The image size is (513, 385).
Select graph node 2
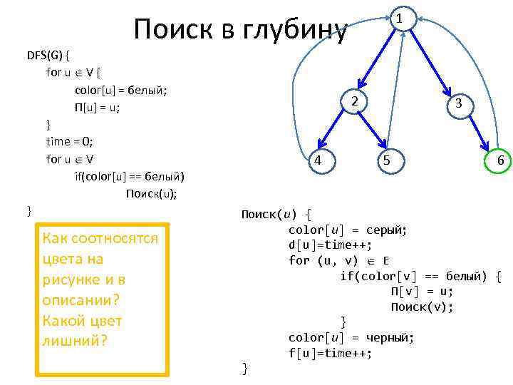tap(354, 102)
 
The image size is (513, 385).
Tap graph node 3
tap(460, 103)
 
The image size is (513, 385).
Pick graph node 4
tap(318, 160)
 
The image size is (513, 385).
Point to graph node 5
tap(386, 160)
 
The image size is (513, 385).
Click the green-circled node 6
tap(499, 160)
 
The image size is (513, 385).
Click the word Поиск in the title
tap(167, 30)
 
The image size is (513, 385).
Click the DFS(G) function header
tap(48, 55)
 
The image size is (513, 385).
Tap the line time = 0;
tap(74, 142)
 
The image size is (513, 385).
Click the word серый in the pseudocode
tap(385, 229)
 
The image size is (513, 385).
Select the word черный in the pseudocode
tap(391, 337)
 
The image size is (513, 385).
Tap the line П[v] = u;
tap(422, 291)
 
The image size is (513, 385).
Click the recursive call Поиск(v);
tap(422, 307)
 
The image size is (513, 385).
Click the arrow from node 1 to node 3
tap(435, 64)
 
